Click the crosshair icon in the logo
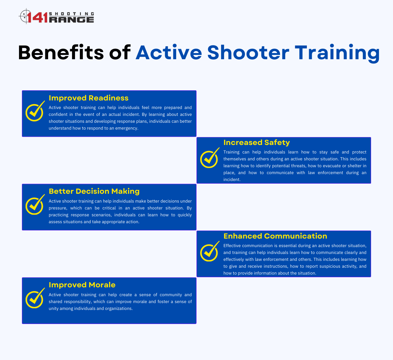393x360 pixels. tap(25, 16)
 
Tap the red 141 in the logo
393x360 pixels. tap(38, 17)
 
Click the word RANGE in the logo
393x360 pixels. tap(71, 20)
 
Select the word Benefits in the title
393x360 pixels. tap(61, 52)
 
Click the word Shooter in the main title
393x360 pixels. tap(248, 52)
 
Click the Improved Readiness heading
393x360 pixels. tap(88, 98)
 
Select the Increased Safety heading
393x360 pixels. tap(256, 142)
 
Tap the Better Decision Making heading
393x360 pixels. tap(94, 191)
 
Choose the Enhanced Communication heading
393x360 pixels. tap(275, 236)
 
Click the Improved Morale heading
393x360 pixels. tap(82, 285)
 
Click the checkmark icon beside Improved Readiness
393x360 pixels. tap(35, 111)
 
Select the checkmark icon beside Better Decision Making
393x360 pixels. tap(35, 205)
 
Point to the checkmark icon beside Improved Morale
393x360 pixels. tap(35, 298)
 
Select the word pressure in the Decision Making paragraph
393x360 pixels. tap(58, 208)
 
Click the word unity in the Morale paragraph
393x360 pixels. tap(53, 309)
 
